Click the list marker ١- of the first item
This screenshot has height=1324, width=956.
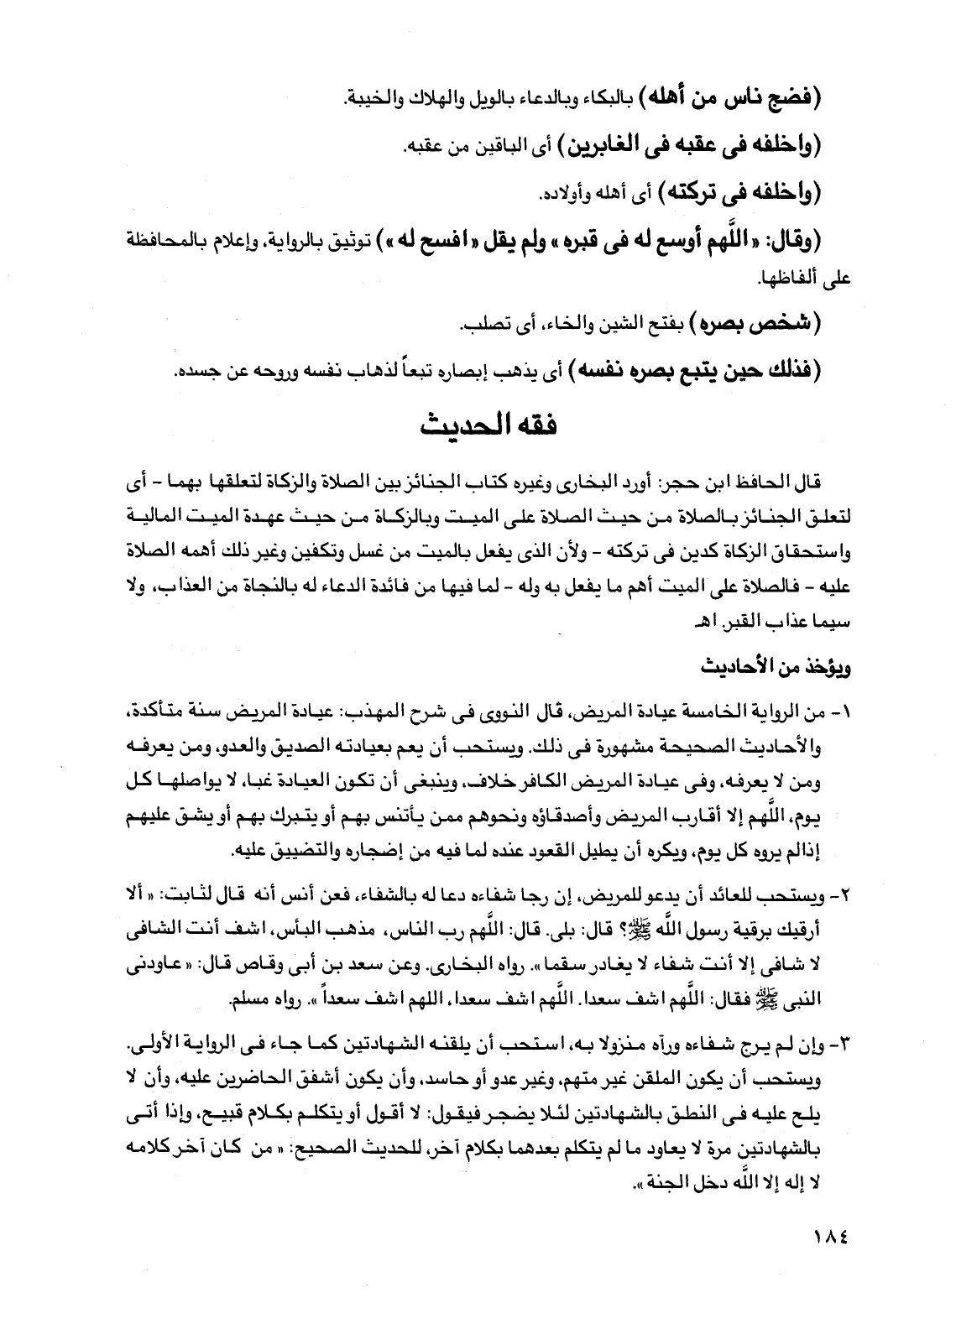point(840,712)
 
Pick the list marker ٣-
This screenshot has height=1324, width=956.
point(840,1048)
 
